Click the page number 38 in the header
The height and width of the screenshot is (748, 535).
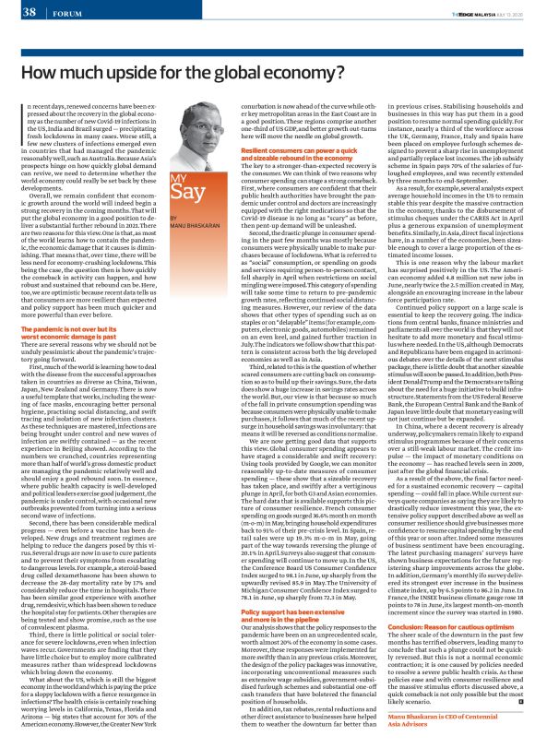(28, 12)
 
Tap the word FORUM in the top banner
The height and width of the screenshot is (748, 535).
(63, 13)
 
